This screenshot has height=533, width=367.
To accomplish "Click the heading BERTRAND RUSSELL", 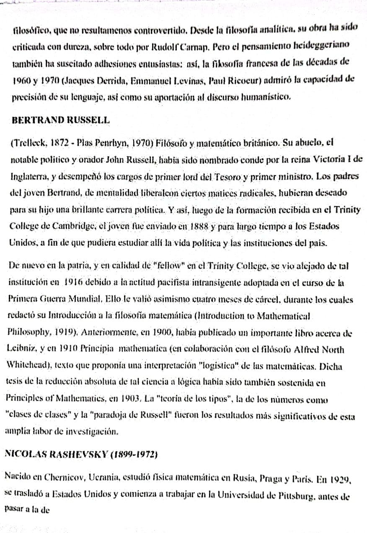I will pyautogui.click(x=61, y=120).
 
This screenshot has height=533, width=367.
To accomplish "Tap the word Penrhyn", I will pyautogui.click(x=108, y=142).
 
